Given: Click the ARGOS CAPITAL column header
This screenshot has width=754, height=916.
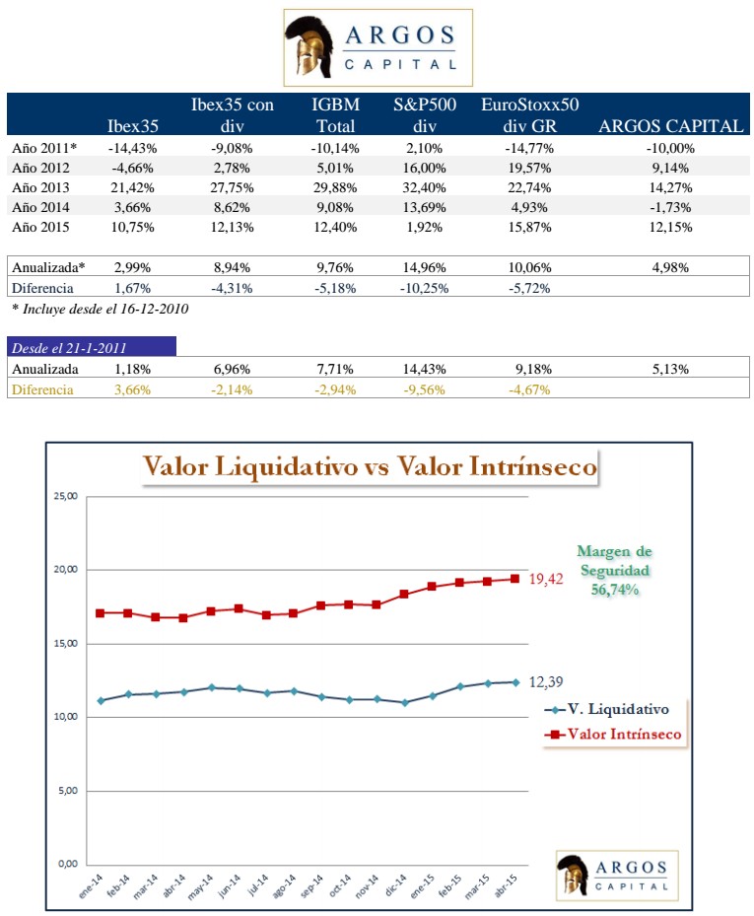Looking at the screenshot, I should point(670,126).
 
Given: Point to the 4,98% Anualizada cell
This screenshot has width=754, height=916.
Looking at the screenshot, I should point(670,267).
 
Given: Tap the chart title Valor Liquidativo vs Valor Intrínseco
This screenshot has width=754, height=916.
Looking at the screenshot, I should point(370,466).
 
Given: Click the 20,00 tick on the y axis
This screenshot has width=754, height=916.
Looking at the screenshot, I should point(66,570).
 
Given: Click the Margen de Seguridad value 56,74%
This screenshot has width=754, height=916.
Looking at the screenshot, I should point(615,589).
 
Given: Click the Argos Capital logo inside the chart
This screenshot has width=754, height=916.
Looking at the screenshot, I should point(616,873).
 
